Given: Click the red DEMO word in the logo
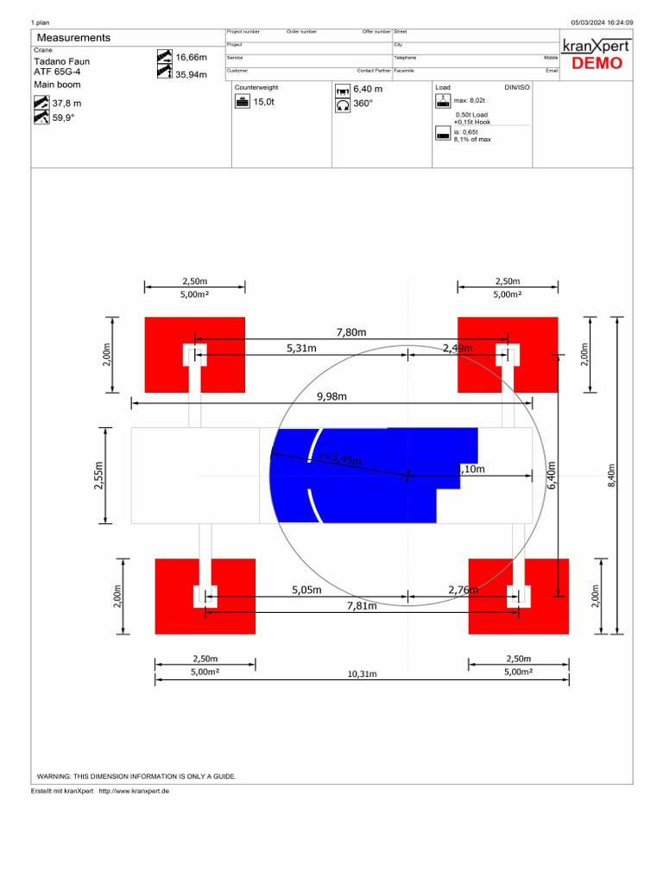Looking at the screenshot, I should click(597, 63).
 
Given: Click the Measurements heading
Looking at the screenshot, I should click(73, 38).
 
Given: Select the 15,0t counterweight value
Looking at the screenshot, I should click(263, 102).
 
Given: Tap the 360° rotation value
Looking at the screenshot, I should click(363, 104).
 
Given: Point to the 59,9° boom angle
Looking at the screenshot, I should click(63, 118).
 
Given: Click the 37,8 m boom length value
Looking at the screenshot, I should click(66, 104).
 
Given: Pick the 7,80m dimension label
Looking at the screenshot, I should click(351, 331).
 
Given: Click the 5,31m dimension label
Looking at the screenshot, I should click(301, 348).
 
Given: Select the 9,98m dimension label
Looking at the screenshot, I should click(331, 396).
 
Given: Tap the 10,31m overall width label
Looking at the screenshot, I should click(363, 673).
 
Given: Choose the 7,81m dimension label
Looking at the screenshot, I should click(362, 606).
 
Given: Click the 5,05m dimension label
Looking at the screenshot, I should click(306, 590).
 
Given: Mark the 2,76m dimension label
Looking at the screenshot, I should click(464, 590).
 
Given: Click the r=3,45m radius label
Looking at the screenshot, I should click(339, 459).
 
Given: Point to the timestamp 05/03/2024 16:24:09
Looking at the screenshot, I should click(602, 22).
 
